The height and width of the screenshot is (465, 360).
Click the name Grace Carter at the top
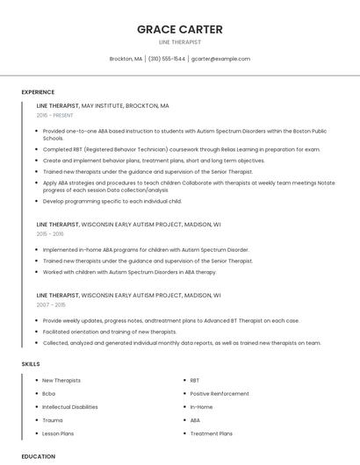[179, 29]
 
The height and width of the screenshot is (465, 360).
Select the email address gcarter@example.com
[220, 59]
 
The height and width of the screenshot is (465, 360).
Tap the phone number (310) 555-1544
[167, 59]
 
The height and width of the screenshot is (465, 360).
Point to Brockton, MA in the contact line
[126, 59]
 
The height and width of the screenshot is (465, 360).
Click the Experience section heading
[38, 92]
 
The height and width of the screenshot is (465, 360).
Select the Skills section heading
[31, 363]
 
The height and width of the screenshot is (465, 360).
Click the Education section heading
[39, 456]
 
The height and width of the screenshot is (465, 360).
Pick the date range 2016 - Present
[54, 115]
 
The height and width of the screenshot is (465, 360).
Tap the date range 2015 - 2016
[50, 234]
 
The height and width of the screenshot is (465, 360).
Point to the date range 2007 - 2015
[51, 305]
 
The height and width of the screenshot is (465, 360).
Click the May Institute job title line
[103, 105]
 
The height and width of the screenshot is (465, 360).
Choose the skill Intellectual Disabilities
[70, 407]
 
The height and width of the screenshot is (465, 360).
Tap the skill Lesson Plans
[58, 433]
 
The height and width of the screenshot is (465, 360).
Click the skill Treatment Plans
[211, 433]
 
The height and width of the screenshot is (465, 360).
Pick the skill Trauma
[52, 420]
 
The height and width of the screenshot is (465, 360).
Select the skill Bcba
[49, 393]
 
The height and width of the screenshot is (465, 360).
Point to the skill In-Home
[201, 407]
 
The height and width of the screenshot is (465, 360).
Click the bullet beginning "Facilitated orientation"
[110, 332]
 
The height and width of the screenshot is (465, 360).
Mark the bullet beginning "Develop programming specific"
[112, 201]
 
